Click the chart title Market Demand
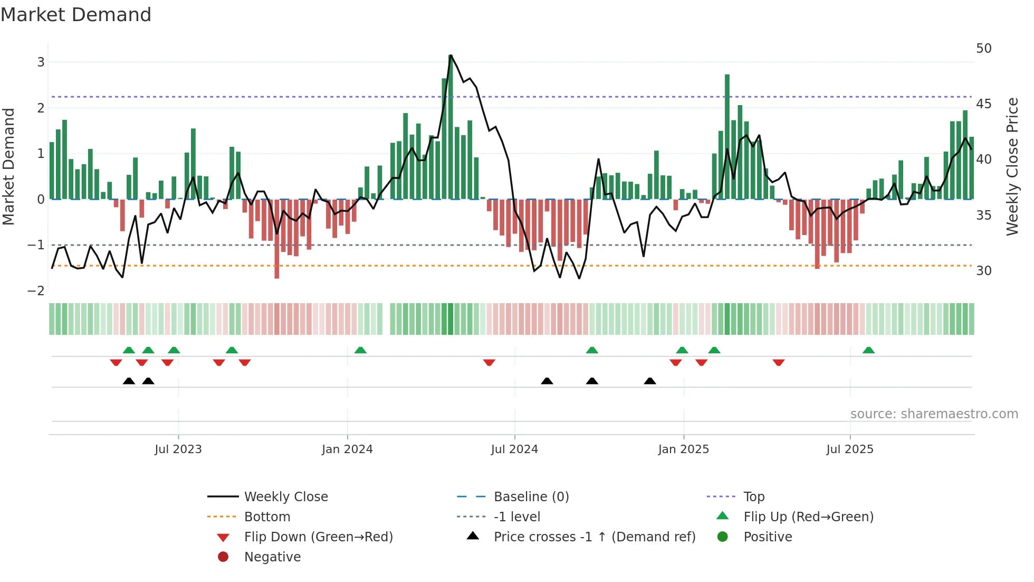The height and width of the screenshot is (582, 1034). (76, 15)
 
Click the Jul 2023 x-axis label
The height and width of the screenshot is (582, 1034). (178, 449)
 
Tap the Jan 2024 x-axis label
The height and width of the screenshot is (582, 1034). (347, 449)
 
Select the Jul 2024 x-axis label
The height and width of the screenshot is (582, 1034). (514, 449)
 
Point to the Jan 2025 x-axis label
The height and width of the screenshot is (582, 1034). (683, 449)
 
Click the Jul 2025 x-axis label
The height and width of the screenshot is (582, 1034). (850, 449)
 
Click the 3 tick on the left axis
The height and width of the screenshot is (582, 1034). (41, 62)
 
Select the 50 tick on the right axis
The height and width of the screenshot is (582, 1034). (983, 49)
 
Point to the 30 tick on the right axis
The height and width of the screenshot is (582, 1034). (983, 271)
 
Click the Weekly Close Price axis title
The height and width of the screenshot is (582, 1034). (1012, 166)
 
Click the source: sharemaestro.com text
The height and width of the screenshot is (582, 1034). (934, 414)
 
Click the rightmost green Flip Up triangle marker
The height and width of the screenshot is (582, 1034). (868, 350)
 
